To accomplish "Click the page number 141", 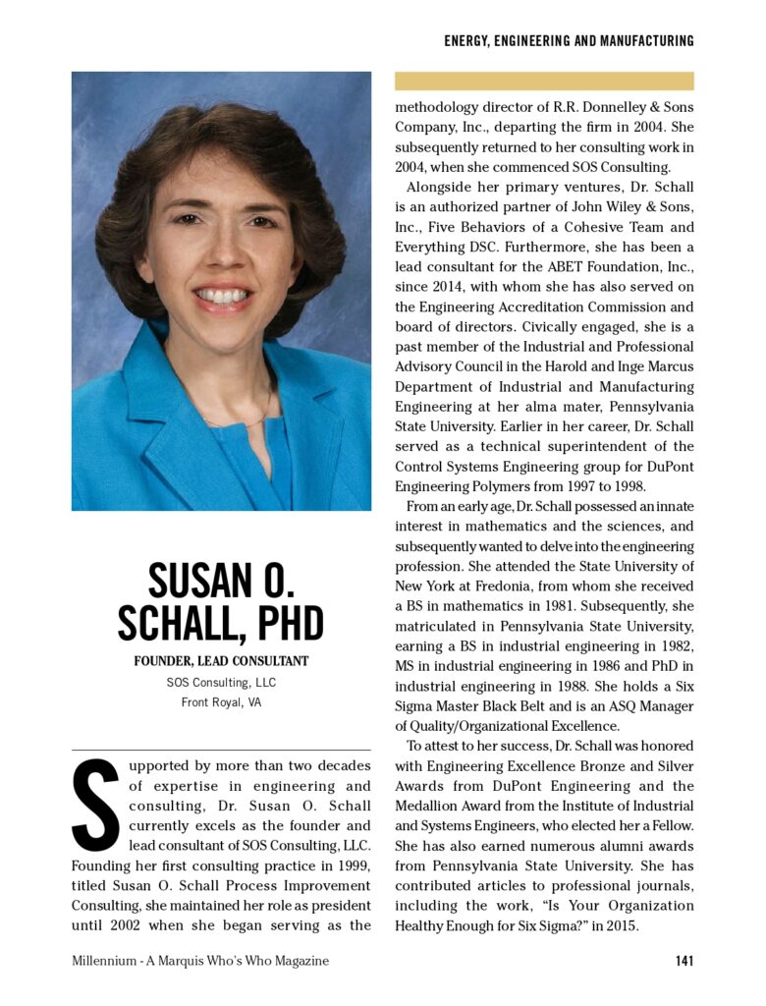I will click(684, 960).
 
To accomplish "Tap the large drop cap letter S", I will click(95, 805).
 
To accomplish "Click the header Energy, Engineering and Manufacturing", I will click(569, 41).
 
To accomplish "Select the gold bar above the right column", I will click(544, 81).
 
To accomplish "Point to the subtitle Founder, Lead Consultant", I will click(221, 661).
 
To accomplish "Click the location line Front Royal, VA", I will click(221, 701).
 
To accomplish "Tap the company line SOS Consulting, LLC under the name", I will click(221, 682).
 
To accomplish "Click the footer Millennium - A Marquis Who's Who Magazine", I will click(200, 960).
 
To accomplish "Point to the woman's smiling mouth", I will click(224, 295).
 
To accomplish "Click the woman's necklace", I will click(246, 418).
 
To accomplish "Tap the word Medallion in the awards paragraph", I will click(432, 806).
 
